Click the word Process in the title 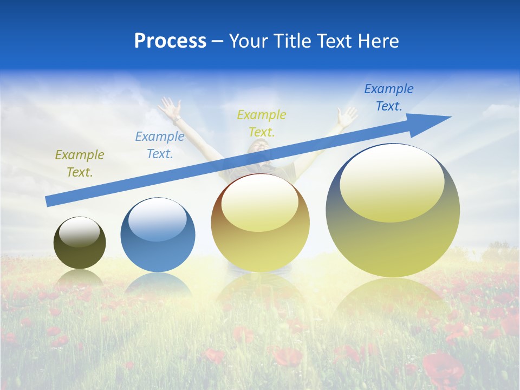[170, 41]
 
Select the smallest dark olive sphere [80, 243]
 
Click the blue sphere [158, 236]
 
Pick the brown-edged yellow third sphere [260, 223]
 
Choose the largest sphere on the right [393, 210]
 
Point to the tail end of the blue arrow [50, 201]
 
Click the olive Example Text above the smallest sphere [79, 164]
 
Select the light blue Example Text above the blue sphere [159, 145]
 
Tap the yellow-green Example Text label [261, 123]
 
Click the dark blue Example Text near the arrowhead [388, 97]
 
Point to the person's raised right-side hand [347, 115]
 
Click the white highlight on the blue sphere [158, 219]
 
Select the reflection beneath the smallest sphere [80, 279]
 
